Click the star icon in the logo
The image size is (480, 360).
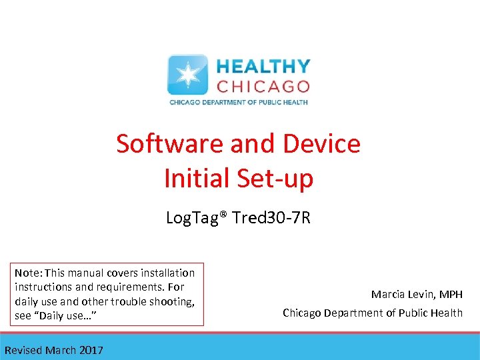(187, 75)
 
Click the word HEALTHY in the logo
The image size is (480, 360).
(263, 67)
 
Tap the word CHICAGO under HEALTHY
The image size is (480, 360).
(263, 87)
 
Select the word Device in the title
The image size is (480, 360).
(322, 143)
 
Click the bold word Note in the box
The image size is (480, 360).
(27, 273)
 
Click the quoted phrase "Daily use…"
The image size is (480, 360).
(71, 315)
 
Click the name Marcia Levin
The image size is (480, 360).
(404, 294)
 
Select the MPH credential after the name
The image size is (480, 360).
(451, 294)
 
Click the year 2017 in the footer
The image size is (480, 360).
(91, 350)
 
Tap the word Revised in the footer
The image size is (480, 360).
(23, 350)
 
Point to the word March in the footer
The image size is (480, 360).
(60, 350)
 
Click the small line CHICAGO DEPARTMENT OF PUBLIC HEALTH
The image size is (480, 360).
(238, 103)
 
